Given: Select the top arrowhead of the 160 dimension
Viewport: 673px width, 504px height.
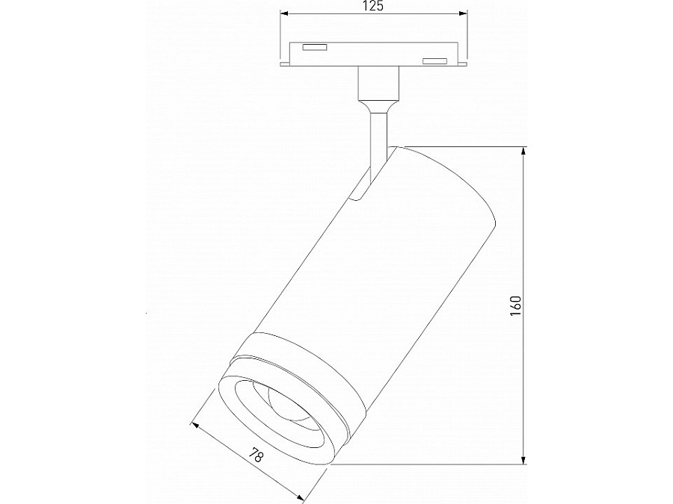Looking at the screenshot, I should coord(524,152).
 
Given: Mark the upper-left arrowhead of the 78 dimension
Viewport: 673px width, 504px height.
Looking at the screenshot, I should coord(196,426).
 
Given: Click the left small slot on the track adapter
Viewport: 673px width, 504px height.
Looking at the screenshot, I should coord(314,49).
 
